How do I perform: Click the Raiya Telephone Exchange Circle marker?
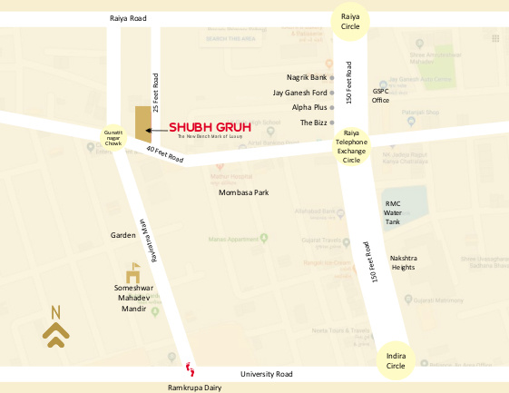point(350,145)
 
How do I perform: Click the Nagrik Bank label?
point(306,78)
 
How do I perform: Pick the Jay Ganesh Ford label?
point(299,93)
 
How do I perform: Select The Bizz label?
point(313,122)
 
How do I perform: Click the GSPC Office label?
point(380,95)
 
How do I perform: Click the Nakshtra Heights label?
point(403,262)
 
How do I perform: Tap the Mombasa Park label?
point(244,192)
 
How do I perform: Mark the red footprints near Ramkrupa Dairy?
point(190,368)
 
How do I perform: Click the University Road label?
point(267,374)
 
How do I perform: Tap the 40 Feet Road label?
point(164,155)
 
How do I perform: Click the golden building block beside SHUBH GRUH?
point(142,123)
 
